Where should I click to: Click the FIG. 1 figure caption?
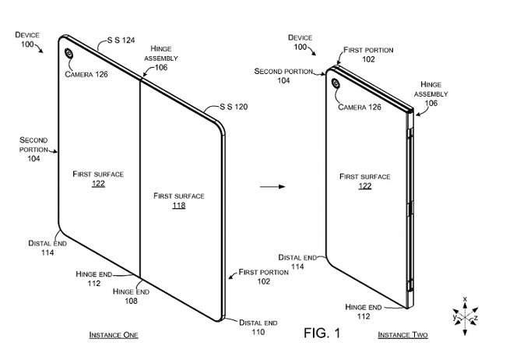(x=321, y=333)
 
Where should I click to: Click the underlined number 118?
(x=178, y=206)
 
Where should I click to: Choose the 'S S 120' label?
(x=234, y=108)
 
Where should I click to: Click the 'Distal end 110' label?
(x=257, y=326)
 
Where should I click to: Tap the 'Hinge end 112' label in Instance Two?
(x=362, y=312)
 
